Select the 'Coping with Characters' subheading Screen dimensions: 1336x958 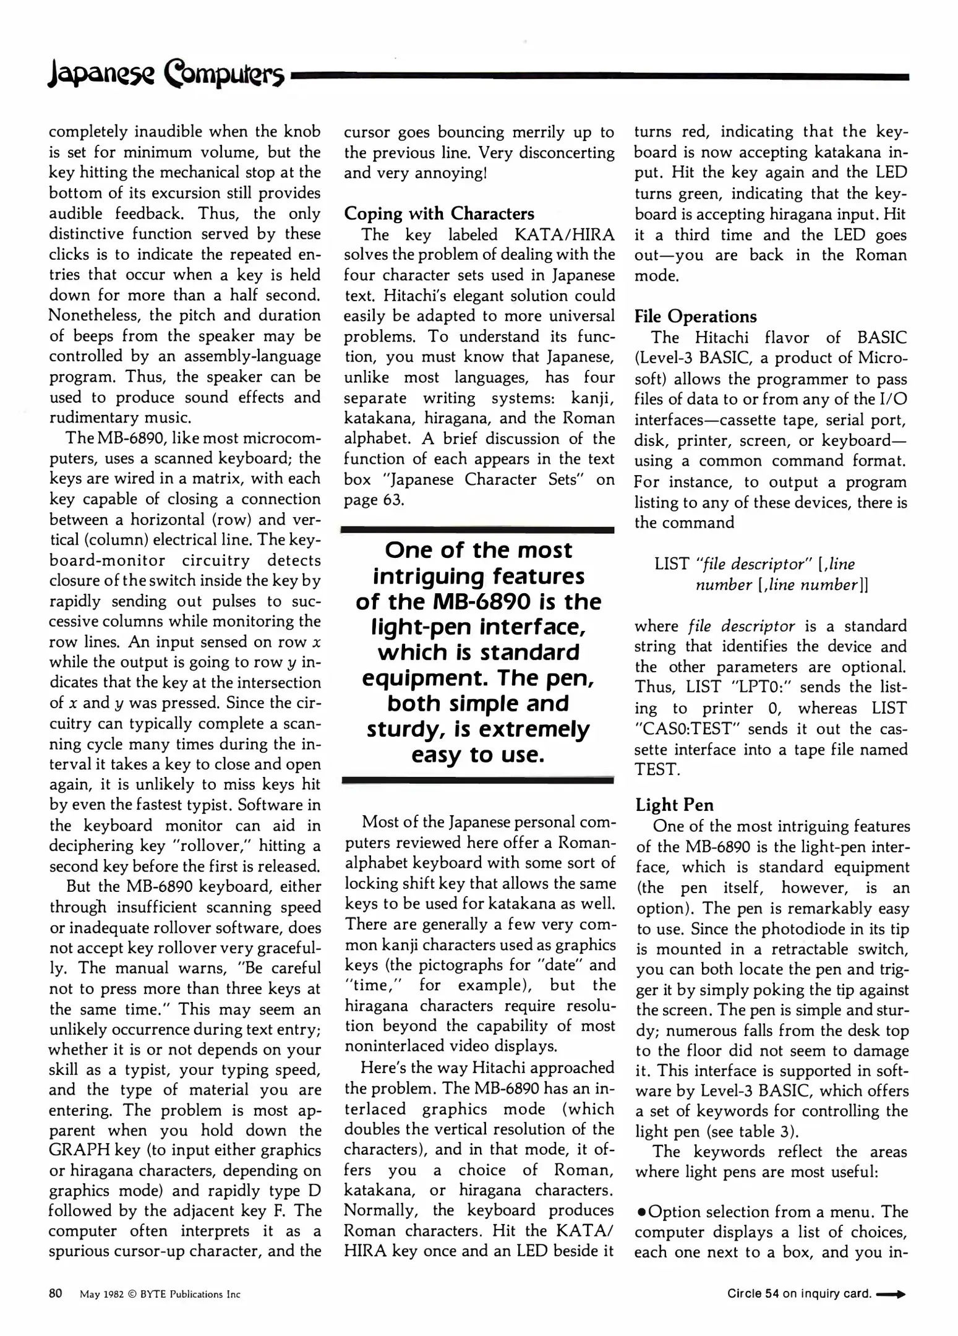[438, 213]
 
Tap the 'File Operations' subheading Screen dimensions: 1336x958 [695, 316]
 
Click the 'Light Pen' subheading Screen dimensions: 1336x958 [674, 805]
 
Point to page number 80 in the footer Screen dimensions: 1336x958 [56, 1293]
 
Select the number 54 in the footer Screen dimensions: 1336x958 [771, 1294]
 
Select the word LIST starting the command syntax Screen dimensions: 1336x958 [672, 564]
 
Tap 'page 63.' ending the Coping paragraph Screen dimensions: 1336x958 [374, 500]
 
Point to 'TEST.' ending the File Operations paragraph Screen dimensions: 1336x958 [657, 769]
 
